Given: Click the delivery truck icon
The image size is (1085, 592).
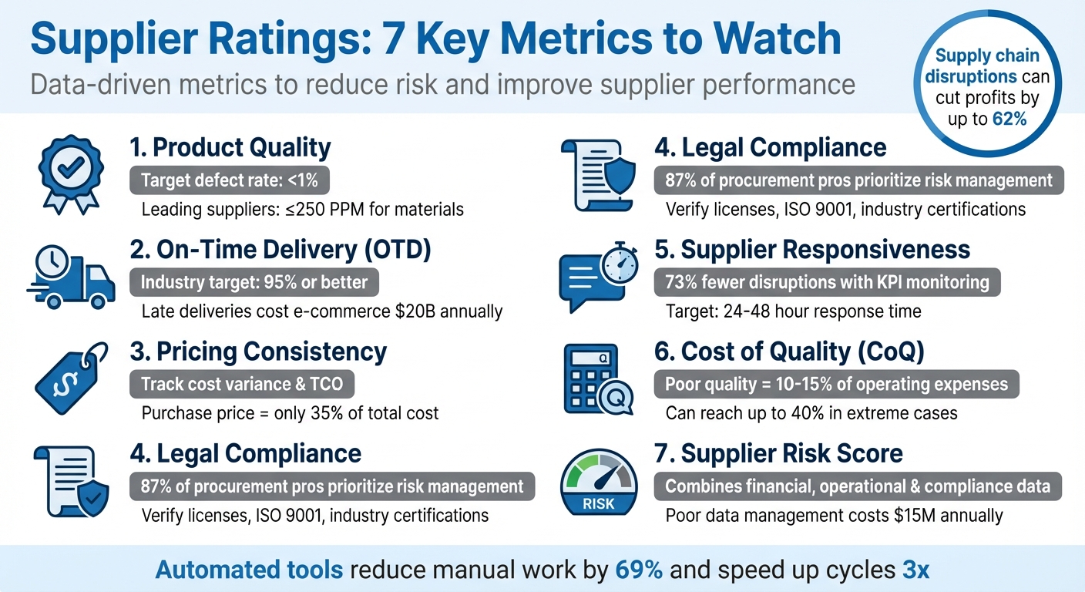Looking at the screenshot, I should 71,276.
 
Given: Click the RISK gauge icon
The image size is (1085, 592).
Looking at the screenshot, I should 598,482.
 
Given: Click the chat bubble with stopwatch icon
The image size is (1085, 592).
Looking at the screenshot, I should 598,276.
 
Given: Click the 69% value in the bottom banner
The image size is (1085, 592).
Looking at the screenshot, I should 639,570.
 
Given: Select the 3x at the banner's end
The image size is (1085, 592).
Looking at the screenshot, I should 915,570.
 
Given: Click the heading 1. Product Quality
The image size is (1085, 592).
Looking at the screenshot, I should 230,147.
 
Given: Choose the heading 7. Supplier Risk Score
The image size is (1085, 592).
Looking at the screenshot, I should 779,453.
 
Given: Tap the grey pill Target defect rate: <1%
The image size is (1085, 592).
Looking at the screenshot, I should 230,181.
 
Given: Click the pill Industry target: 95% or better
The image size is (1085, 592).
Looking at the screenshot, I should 254,283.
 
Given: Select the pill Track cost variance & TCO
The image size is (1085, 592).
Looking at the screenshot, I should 242,385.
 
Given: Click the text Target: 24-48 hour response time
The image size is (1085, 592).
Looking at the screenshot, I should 793,311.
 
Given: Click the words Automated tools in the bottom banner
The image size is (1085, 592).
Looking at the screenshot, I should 250,570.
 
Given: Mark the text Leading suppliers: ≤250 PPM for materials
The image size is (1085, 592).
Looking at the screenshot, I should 303,209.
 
